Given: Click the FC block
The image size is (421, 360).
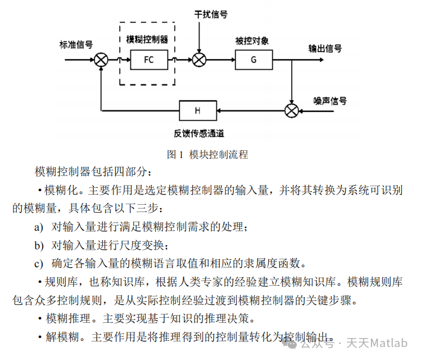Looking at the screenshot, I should [x=148, y=59].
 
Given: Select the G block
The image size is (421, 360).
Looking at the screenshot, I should [x=253, y=59].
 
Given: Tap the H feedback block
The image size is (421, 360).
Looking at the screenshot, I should [x=197, y=110].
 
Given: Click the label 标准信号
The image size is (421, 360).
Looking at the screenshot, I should [x=76, y=44].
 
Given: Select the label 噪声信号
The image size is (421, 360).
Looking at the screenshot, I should [x=330, y=101].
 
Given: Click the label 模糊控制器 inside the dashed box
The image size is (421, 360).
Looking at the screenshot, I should [x=148, y=39].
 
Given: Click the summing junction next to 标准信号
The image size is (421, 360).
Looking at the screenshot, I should [x=101, y=59].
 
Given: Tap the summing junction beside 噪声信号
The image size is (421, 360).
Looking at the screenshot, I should [x=291, y=110].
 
